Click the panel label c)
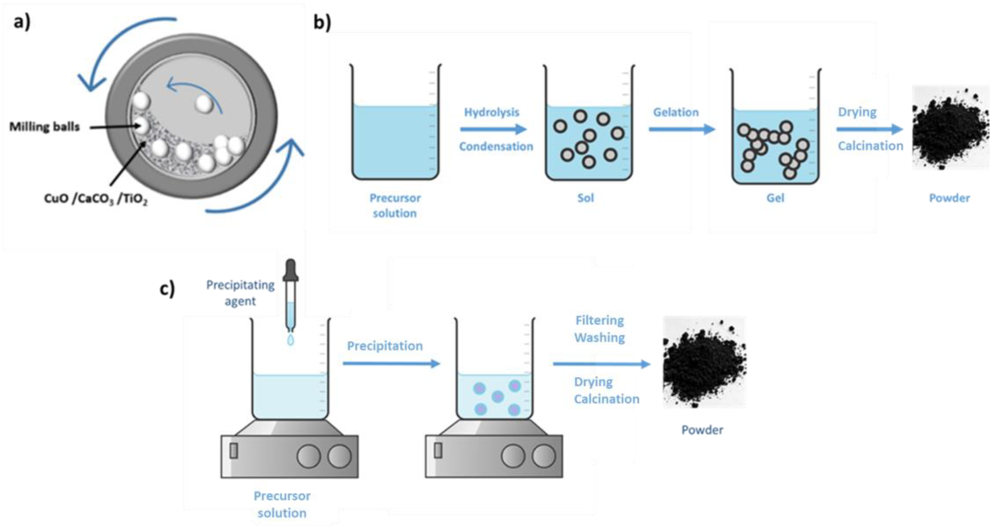[x=167, y=288]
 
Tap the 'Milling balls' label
[x=44, y=127]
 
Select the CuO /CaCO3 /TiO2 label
[x=96, y=199]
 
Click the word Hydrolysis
[x=492, y=112]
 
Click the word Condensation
[x=496, y=146]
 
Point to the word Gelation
[x=676, y=112]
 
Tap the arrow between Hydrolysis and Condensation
[x=493, y=129]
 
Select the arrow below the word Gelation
[x=681, y=129]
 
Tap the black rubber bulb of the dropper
[x=290, y=269]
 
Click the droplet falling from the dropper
[x=290, y=340]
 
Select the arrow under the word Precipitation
[x=391, y=363]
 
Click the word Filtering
[x=600, y=320]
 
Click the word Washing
[x=600, y=337]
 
